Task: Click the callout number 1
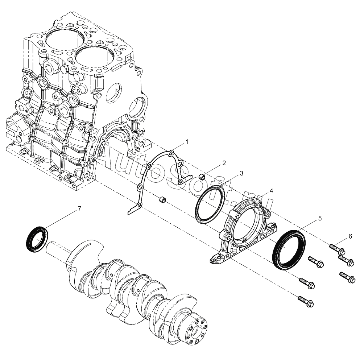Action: coord(187,142)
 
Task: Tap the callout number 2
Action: coord(224,163)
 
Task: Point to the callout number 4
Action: coord(271,191)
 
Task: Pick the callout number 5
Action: coord(320,218)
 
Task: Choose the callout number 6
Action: coord(350,236)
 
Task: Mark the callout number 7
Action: coord(79,209)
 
